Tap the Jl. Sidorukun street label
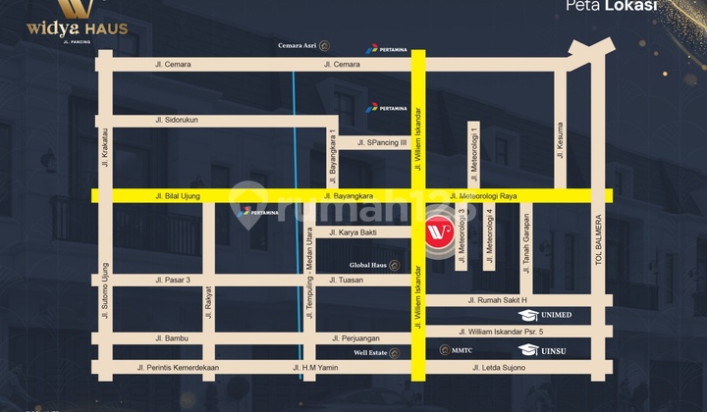click(177, 120)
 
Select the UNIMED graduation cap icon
click(529, 316)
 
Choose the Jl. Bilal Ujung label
click(178, 196)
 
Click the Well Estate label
click(373, 350)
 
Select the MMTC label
click(461, 350)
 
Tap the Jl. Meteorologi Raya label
click(483, 196)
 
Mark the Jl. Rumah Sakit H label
click(498, 300)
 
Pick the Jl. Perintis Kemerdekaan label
click(179, 368)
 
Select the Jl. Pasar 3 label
click(173, 280)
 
